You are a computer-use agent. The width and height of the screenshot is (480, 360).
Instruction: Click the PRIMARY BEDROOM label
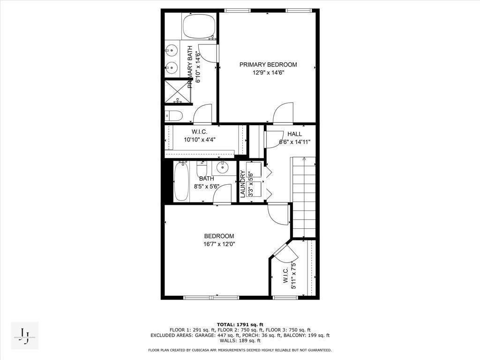[x=268, y=65]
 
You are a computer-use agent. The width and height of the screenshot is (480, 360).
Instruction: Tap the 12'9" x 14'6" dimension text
[x=268, y=73]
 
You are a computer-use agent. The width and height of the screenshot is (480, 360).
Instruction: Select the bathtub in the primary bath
[x=199, y=27]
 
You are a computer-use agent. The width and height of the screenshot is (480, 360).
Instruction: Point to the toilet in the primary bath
[x=174, y=115]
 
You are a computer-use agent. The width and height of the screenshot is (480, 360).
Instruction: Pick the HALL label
[x=295, y=134]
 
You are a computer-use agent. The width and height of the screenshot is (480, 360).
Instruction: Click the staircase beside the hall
[x=304, y=197]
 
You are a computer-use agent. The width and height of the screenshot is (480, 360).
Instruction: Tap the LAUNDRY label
[x=243, y=183]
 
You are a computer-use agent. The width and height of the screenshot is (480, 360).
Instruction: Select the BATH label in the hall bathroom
[x=206, y=179]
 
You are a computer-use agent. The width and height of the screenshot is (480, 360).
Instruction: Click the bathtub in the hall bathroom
[x=181, y=181]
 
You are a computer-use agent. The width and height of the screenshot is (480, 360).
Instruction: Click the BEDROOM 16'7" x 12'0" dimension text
[x=219, y=244]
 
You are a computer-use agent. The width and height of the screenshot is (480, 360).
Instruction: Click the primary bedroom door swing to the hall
[x=283, y=114]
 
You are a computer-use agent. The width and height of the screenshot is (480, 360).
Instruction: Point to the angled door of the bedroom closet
[x=282, y=252]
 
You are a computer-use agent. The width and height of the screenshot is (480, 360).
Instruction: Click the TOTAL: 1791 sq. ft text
[x=240, y=324]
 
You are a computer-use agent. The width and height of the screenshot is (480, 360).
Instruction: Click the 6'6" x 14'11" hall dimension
[x=295, y=142]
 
